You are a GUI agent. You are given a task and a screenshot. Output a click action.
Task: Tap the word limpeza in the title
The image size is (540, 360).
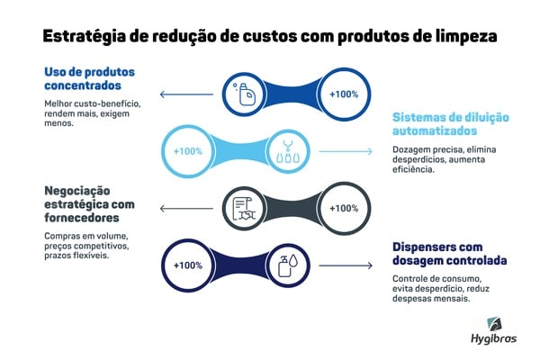(464, 36)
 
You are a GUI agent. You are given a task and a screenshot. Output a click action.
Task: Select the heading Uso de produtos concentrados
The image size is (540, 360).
(87, 78)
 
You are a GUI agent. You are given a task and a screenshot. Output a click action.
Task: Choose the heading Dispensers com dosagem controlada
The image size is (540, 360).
(449, 253)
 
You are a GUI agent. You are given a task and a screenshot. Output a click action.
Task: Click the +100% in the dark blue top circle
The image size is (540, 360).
(345, 94)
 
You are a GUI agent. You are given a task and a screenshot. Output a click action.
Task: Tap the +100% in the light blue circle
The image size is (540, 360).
(188, 151)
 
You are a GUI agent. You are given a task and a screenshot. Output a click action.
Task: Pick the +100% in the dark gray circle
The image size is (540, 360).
(345, 209)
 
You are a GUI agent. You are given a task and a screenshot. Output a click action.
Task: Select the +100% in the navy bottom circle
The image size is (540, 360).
(188, 266)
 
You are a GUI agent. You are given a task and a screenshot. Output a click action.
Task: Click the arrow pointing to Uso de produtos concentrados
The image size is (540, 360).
(188, 94)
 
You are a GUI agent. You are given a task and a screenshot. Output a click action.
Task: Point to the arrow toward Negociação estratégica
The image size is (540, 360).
(188, 209)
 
